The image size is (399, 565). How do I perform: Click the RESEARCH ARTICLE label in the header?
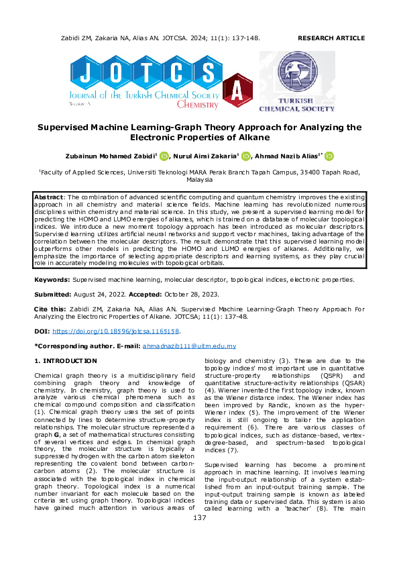point(331,39)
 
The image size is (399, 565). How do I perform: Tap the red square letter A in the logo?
point(237,89)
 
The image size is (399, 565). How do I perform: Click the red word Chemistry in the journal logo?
point(197,105)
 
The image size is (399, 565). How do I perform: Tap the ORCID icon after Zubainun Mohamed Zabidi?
point(164,156)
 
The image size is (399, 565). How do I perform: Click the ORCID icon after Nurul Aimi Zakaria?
point(245,156)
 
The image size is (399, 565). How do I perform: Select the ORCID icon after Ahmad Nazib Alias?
point(329,156)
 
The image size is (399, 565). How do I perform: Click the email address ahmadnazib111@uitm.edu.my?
point(189,346)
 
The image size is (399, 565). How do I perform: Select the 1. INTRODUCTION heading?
point(65,361)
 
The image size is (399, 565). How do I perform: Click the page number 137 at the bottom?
point(199,536)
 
